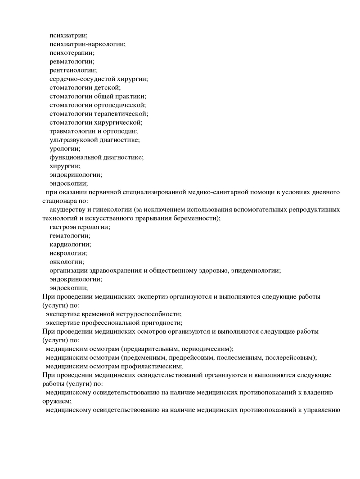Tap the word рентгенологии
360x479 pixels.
[x=72, y=70]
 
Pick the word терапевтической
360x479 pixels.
[x=123, y=114]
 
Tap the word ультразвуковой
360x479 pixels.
[x=74, y=140]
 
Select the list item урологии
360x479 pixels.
[x=65, y=148]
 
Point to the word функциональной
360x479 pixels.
[x=75, y=157]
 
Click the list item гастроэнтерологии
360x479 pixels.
[x=79, y=227]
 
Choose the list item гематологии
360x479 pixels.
[x=69, y=236]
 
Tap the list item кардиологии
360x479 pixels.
[x=70, y=244]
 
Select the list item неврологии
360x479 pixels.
[x=68, y=253]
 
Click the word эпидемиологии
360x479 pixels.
[x=257, y=270]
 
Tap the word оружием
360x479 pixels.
[x=56, y=401]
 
